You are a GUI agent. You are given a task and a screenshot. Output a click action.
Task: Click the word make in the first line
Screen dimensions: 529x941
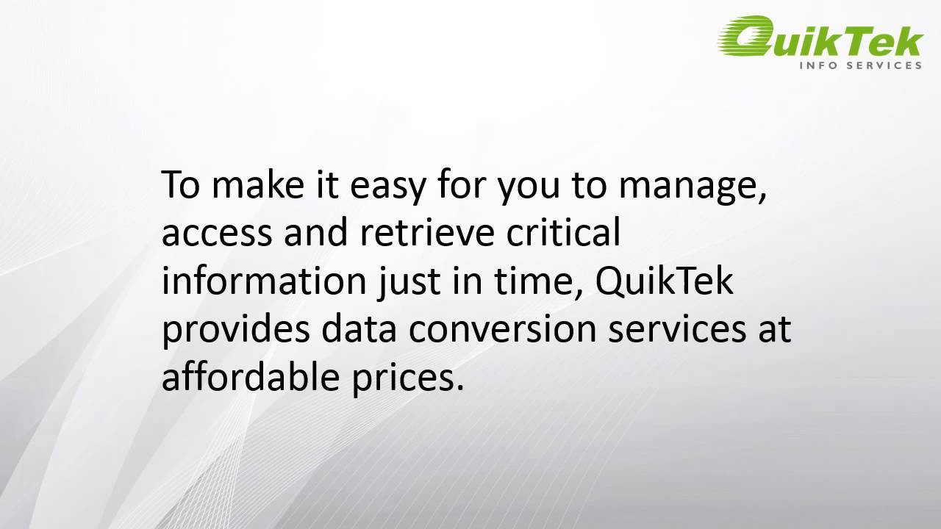coord(253,186)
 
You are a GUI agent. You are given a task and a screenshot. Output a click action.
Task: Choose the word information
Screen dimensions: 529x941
coord(262,282)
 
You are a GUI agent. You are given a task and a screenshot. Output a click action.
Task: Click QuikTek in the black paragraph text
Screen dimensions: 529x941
coord(664,282)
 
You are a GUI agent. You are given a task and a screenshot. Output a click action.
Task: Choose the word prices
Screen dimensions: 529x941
coord(404,378)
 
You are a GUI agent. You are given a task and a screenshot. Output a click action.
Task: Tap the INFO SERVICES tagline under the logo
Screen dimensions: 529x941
coord(860,65)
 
